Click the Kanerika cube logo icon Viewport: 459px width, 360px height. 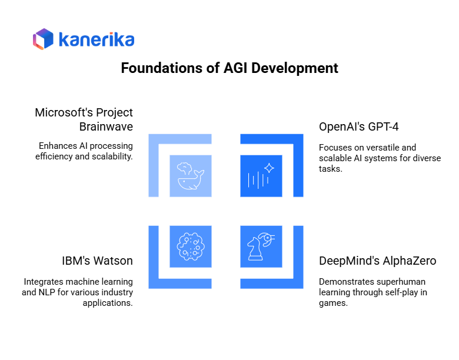coord(43,39)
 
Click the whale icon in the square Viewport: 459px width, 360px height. coord(190,175)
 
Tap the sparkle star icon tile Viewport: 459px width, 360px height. coord(261,175)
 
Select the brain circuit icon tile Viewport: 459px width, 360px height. coord(190,246)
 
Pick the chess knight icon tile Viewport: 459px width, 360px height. coord(261,246)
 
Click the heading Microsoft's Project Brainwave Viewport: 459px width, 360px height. coord(84,119)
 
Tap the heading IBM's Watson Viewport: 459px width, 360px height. coord(97,261)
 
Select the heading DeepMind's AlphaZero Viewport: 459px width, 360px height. coord(377,261)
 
